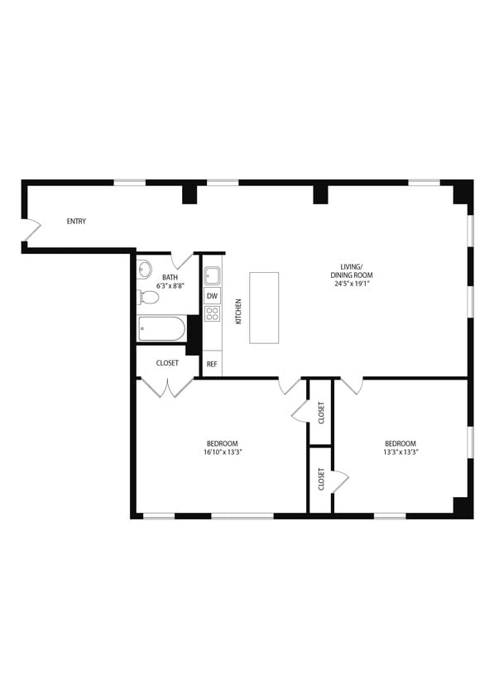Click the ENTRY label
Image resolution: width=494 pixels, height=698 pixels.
(76, 222)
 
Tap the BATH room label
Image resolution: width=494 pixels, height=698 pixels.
(170, 277)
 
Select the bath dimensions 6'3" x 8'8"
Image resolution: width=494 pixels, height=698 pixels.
(170, 285)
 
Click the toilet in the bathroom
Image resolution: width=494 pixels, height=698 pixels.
(149, 297)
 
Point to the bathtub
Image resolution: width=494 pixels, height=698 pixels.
(161, 328)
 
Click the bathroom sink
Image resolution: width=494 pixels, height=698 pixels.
(145, 269)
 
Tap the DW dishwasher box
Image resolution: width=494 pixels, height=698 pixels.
(213, 296)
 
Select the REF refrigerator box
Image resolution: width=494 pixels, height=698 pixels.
(213, 364)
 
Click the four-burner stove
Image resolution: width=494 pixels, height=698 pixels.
(213, 313)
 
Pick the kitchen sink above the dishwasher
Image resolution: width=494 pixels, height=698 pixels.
(213, 275)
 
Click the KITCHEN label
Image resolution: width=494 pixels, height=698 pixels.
(238, 310)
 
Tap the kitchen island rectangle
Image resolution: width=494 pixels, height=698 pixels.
(264, 308)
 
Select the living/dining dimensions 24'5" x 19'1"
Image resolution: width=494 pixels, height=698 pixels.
(353, 284)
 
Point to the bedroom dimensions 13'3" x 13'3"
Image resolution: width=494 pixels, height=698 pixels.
(400, 452)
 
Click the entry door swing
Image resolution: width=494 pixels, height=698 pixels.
(31, 230)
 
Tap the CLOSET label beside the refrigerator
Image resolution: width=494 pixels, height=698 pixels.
(168, 363)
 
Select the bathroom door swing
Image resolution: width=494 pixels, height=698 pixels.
(182, 261)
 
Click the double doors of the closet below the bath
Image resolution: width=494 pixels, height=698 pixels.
(167, 387)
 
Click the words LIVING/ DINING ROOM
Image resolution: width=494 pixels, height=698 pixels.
(353, 270)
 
